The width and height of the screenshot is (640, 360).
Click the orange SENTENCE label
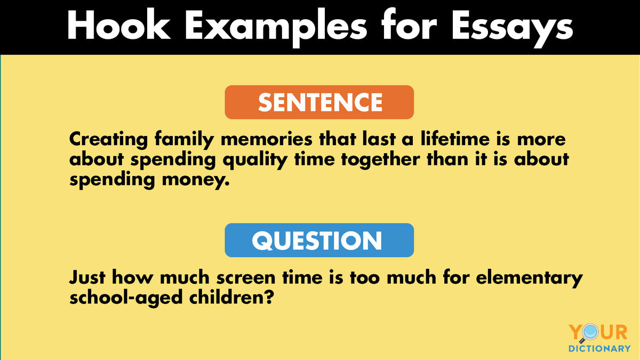319,102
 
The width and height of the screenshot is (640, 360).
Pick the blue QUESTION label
319,241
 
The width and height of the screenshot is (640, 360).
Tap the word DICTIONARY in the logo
598,349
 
